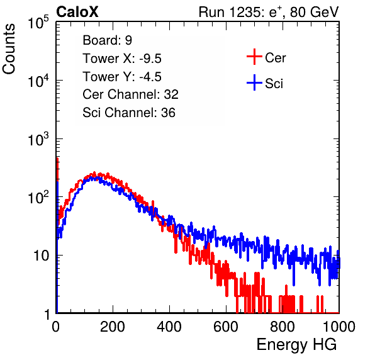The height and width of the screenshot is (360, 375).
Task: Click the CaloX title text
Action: point(77,12)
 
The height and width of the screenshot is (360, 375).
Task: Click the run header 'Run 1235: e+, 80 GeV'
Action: point(269,12)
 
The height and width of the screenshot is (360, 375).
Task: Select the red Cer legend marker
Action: point(254,57)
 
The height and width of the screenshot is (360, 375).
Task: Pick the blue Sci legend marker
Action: point(254,82)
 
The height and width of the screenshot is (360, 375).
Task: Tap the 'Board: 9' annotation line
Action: point(107,40)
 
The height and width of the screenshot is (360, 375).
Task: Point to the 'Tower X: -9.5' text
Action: point(122,59)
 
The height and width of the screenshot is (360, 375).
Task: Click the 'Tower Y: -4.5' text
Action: point(122,77)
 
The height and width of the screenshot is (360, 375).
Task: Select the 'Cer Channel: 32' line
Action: point(130,94)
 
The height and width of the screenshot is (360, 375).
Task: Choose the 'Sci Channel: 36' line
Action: point(129,113)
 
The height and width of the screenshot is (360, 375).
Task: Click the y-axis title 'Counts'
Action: point(9,49)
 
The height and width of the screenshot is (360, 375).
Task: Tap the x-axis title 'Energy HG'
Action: point(296,345)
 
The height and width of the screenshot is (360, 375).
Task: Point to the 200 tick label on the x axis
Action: point(113,327)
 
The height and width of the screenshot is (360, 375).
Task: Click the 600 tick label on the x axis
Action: point(226,327)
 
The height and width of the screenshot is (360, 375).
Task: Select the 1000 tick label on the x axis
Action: point(339,327)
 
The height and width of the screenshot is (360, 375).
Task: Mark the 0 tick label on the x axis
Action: point(56,327)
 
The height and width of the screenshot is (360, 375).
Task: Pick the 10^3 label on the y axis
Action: point(38,138)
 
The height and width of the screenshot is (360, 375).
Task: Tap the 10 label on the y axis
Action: point(41,256)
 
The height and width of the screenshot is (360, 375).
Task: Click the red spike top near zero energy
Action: point(57,159)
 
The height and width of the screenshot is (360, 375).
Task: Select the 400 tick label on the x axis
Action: point(169,327)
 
